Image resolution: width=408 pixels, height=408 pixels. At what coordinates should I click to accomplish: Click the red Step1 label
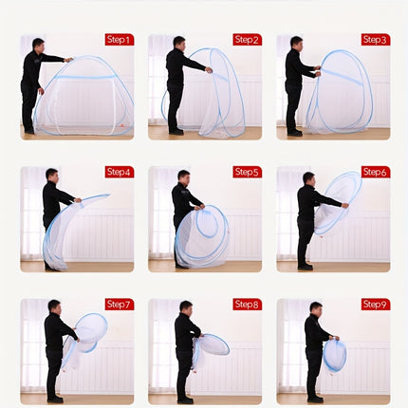tap(119, 40)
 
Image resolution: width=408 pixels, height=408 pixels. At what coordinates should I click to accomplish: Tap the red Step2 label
tap(247, 40)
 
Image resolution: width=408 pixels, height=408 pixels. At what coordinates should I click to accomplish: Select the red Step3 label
tap(375, 40)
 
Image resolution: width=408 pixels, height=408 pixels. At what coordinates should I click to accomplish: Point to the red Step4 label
tap(119, 172)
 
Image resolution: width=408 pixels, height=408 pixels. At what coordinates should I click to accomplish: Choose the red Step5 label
tap(247, 172)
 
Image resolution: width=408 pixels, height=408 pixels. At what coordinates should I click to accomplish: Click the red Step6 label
tap(375, 172)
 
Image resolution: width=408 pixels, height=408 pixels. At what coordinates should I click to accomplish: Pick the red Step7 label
tap(119, 304)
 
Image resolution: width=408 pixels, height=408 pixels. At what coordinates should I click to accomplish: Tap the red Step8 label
tap(247, 304)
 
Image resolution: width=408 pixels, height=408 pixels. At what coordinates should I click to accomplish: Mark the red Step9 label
tap(375, 304)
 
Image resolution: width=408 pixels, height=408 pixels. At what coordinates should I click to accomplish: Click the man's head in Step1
tap(38, 44)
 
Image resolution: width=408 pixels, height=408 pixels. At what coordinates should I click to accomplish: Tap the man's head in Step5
tap(183, 176)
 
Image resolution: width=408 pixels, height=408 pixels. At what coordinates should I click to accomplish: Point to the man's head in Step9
tap(314, 307)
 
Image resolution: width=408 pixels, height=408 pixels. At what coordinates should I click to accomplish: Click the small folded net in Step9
tap(334, 355)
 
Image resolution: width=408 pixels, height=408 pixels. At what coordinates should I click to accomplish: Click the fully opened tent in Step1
tap(85, 97)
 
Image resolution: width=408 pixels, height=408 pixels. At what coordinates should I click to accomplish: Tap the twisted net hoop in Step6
tap(338, 201)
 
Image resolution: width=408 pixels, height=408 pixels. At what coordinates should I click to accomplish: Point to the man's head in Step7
tap(53, 306)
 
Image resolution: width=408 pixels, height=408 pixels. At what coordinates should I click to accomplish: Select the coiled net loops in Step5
tap(202, 234)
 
